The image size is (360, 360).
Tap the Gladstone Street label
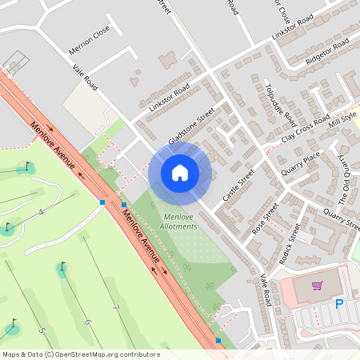(x=191, y=127)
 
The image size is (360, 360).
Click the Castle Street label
(x=238, y=185)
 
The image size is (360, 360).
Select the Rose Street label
(x=265, y=216)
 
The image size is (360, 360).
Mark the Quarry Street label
(x=342, y=218)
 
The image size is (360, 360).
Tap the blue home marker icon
(x=180, y=173)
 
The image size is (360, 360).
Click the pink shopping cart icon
(x=318, y=286)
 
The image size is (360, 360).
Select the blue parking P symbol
(x=339, y=304)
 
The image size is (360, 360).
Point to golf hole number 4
(x=40, y=213)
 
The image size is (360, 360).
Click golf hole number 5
(x=42, y=330)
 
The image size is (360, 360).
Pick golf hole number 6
(x=87, y=322)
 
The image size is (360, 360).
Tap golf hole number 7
(x=116, y=307)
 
